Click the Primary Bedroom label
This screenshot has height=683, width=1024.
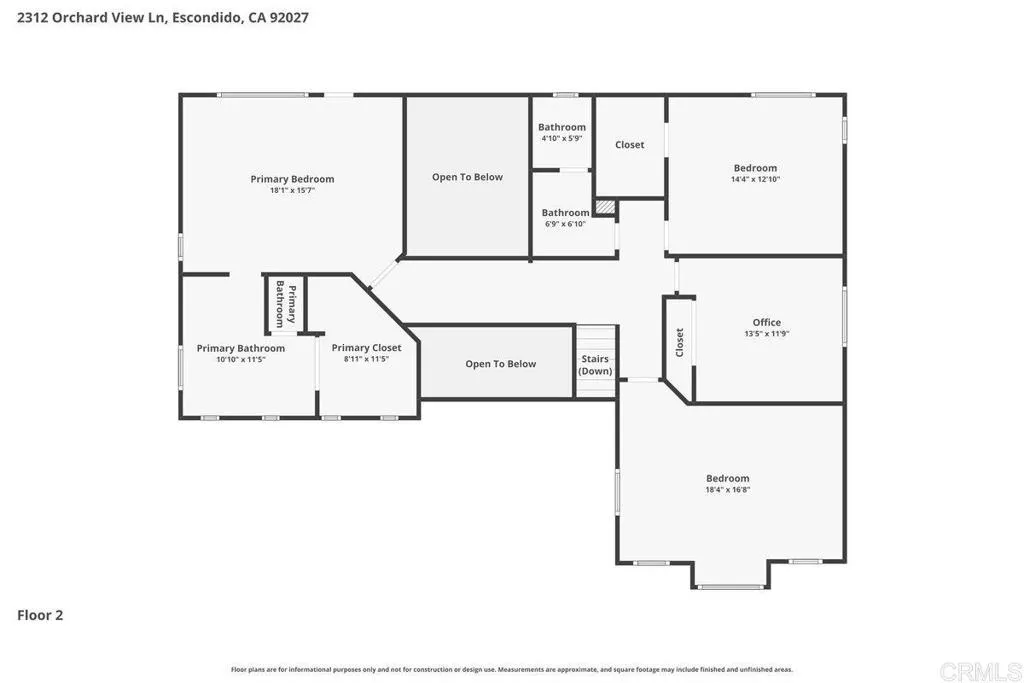point(292,179)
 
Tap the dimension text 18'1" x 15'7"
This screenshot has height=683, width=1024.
point(292,190)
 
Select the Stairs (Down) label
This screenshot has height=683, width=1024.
point(595,365)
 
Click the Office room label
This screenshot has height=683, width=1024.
point(766,322)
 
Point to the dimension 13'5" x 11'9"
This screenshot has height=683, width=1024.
point(766,334)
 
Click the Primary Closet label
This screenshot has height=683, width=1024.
point(366,347)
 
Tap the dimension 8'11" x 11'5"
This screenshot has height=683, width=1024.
point(366,359)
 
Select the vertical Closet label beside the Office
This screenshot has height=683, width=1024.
point(680,342)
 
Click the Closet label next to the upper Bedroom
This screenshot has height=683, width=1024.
point(630,145)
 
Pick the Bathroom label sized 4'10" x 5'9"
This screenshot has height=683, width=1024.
point(562,127)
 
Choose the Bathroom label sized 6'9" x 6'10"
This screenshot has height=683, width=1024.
point(565,212)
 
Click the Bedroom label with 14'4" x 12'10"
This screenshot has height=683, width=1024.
point(755,168)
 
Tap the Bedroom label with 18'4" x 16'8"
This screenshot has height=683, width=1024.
point(727,478)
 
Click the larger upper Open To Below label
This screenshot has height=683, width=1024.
point(467,177)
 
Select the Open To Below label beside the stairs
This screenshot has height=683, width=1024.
point(500,364)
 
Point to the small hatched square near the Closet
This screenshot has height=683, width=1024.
point(603,207)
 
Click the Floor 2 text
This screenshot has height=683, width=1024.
point(40,616)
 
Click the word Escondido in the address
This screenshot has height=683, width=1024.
point(208,18)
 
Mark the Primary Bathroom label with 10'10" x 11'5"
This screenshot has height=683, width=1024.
point(240,348)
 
